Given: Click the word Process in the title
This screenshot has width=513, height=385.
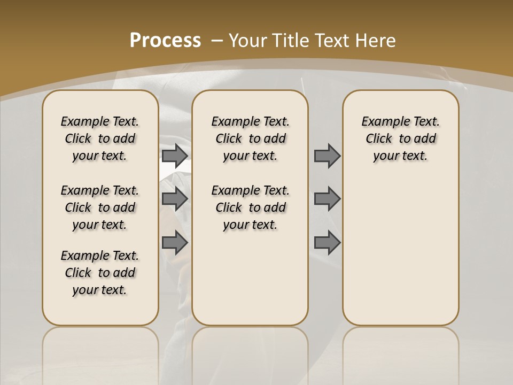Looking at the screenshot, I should pyautogui.click(x=165, y=41).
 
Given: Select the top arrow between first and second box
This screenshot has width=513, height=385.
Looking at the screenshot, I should pyautogui.click(x=175, y=156).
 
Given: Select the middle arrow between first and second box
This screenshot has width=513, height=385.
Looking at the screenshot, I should pyautogui.click(x=175, y=199).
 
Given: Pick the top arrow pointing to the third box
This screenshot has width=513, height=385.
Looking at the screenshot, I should pyautogui.click(x=327, y=156).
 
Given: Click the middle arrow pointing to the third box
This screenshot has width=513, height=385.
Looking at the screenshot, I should pyautogui.click(x=327, y=199).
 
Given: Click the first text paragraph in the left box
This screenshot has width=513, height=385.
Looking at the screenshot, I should pyautogui.click(x=100, y=138).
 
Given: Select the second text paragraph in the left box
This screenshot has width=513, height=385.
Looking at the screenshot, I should pyautogui.click(x=100, y=207).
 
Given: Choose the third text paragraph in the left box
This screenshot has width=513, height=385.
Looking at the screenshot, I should pyautogui.click(x=100, y=273).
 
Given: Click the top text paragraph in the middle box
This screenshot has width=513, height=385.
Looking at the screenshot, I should pyautogui.click(x=250, y=138).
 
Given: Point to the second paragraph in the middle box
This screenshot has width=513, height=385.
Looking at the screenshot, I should pyautogui.click(x=250, y=207).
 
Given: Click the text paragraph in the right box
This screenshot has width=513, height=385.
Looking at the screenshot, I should pyautogui.click(x=400, y=138).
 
